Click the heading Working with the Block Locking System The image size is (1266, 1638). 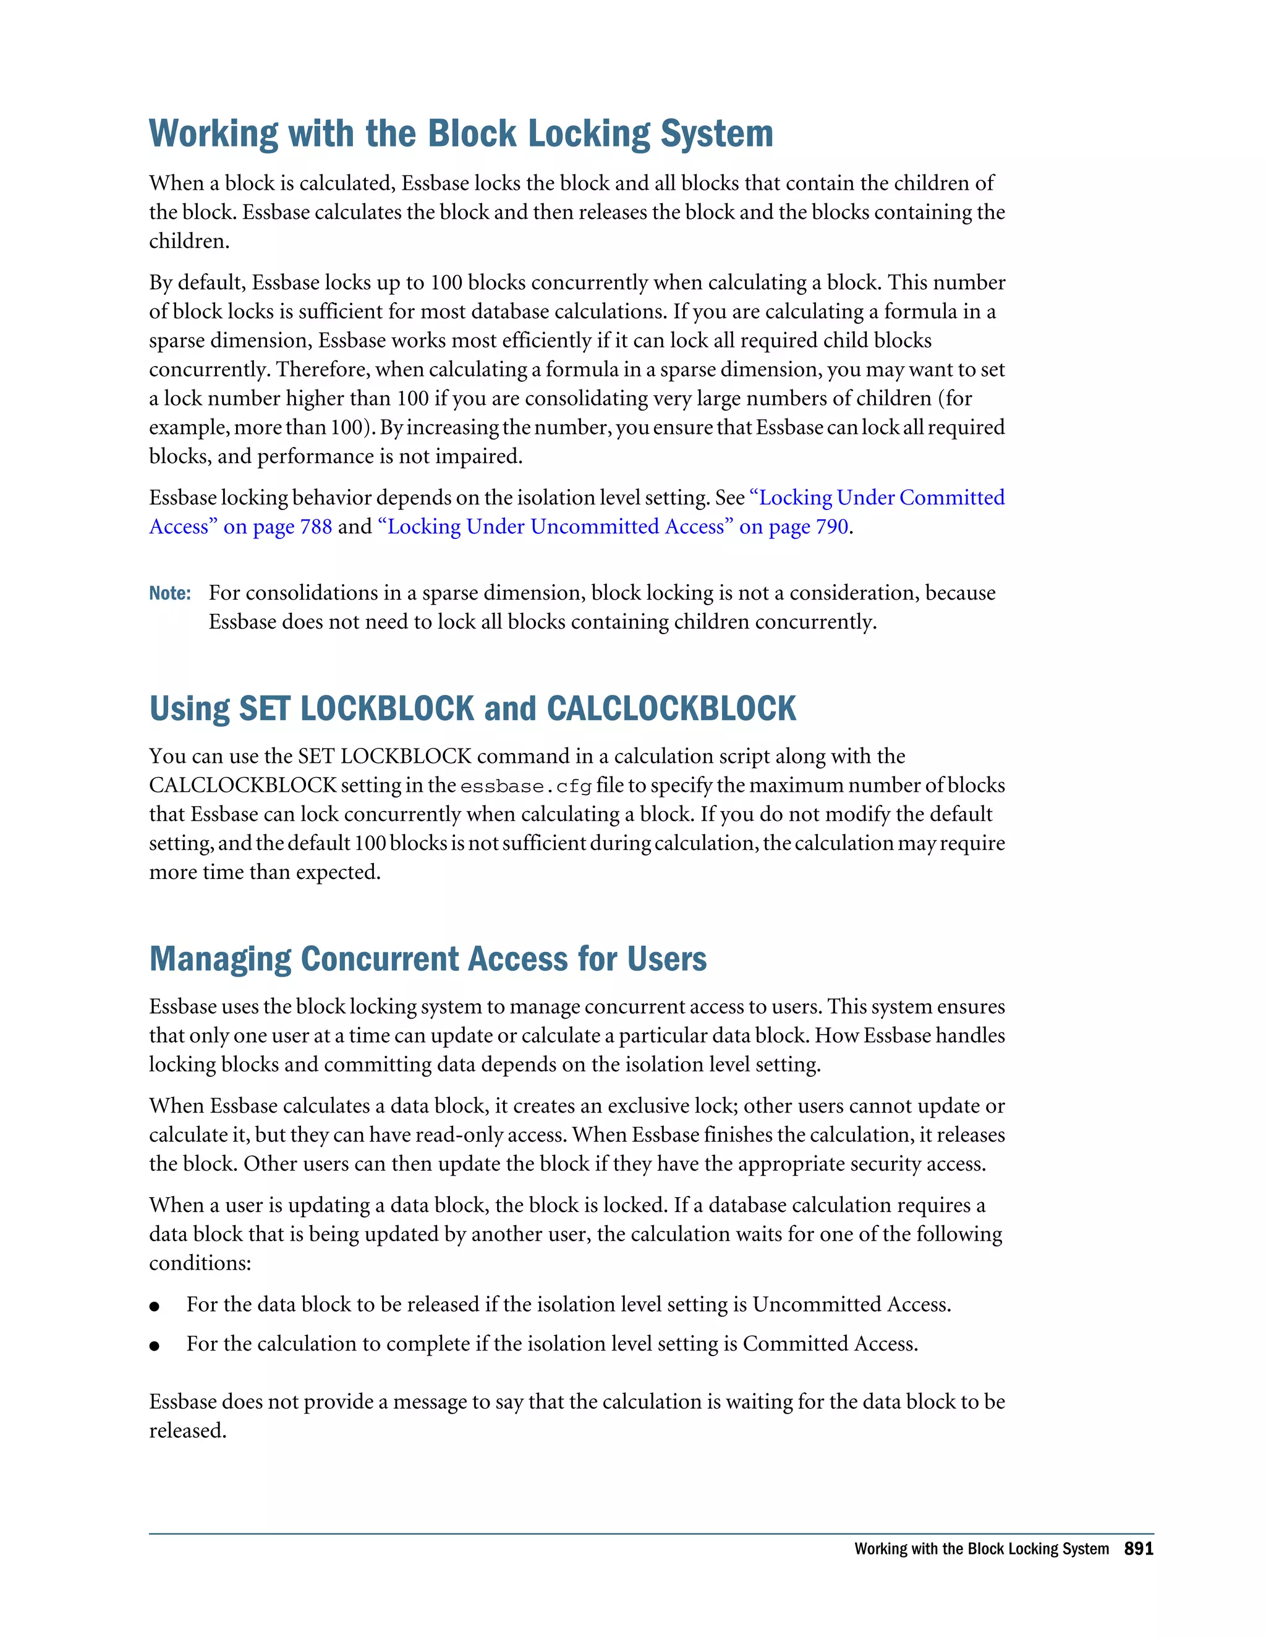coord(461,134)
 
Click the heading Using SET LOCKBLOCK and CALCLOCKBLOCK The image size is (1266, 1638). coord(472,709)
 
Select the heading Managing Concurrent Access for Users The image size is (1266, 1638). coord(428,959)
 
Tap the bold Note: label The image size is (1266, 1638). coord(169,594)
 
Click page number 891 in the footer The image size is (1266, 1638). coord(1138,1549)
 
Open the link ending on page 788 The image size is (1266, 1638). coord(240,527)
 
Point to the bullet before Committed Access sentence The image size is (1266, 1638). coord(155,1346)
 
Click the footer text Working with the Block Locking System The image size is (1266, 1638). coord(981,1549)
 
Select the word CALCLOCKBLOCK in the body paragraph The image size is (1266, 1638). coord(242,785)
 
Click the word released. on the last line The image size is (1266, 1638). coord(187,1431)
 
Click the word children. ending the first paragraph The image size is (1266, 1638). coord(189,242)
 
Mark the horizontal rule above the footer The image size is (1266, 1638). coord(651,1534)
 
